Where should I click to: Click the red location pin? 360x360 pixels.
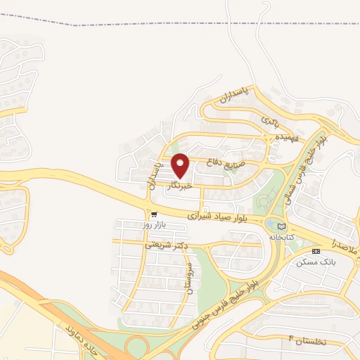pyautogui.click(x=181, y=165)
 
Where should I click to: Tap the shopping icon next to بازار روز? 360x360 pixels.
pyautogui.click(x=154, y=214)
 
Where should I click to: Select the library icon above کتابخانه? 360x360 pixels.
pyautogui.click(x=283, y=226)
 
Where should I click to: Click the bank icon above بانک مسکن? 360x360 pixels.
pyautogui.click(x=314, y=251)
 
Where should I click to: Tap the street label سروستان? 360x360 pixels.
pyautogui.click(x=188, y=279)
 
